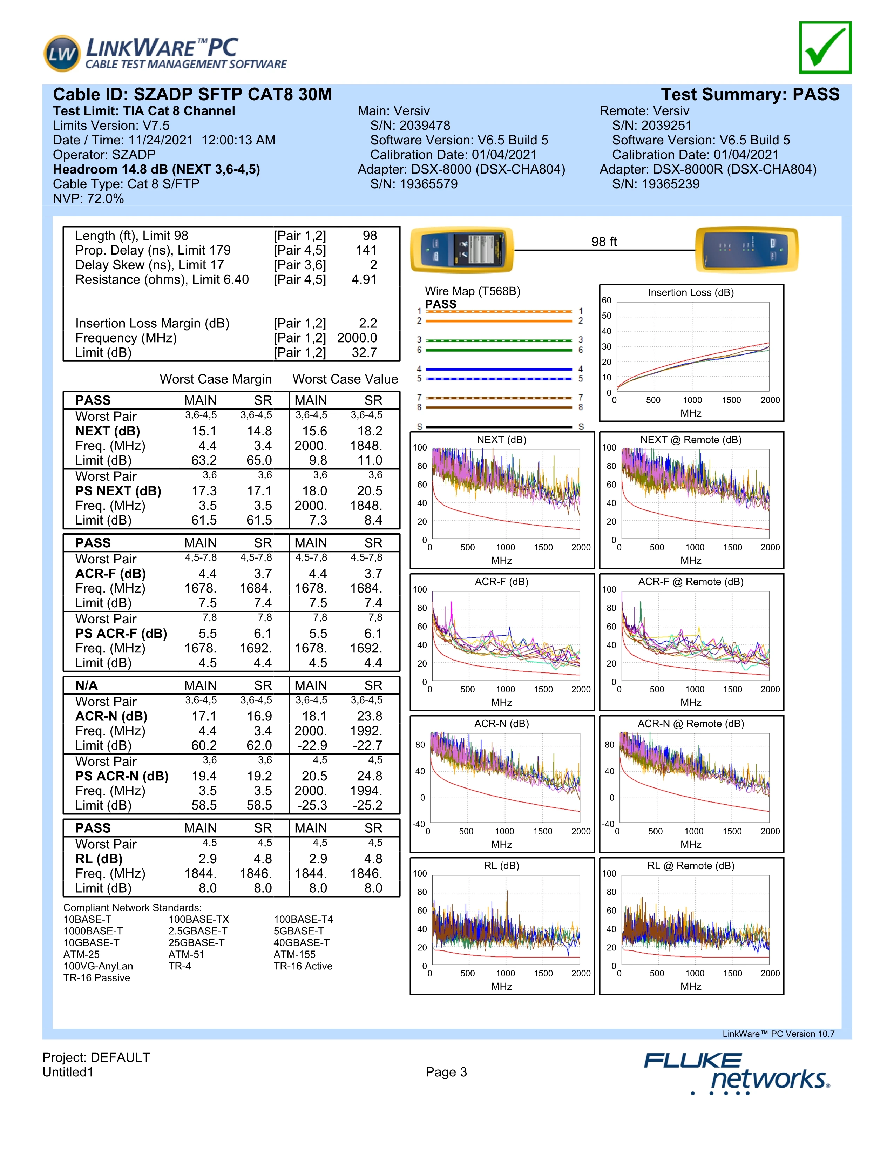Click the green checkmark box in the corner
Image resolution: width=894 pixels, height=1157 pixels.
825,48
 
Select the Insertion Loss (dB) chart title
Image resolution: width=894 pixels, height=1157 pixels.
691,292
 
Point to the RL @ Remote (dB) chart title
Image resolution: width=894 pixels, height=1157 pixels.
691,866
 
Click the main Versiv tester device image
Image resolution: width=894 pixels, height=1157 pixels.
462,250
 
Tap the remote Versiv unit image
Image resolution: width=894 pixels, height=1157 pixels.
747,250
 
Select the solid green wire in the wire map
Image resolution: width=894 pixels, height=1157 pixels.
499,350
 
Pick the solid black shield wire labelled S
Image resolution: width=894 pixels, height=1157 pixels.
499,426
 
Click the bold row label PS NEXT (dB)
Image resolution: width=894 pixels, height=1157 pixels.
118,491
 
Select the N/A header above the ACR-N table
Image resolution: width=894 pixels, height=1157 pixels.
86,685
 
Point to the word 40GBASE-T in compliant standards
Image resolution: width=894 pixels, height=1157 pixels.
302,942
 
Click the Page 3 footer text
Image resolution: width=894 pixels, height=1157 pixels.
446,1072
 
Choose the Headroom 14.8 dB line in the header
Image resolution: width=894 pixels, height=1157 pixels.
156,170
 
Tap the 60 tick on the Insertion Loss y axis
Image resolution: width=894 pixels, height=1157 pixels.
607,300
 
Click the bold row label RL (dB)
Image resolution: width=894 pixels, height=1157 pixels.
99,859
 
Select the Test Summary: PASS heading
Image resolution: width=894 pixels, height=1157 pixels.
750,95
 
